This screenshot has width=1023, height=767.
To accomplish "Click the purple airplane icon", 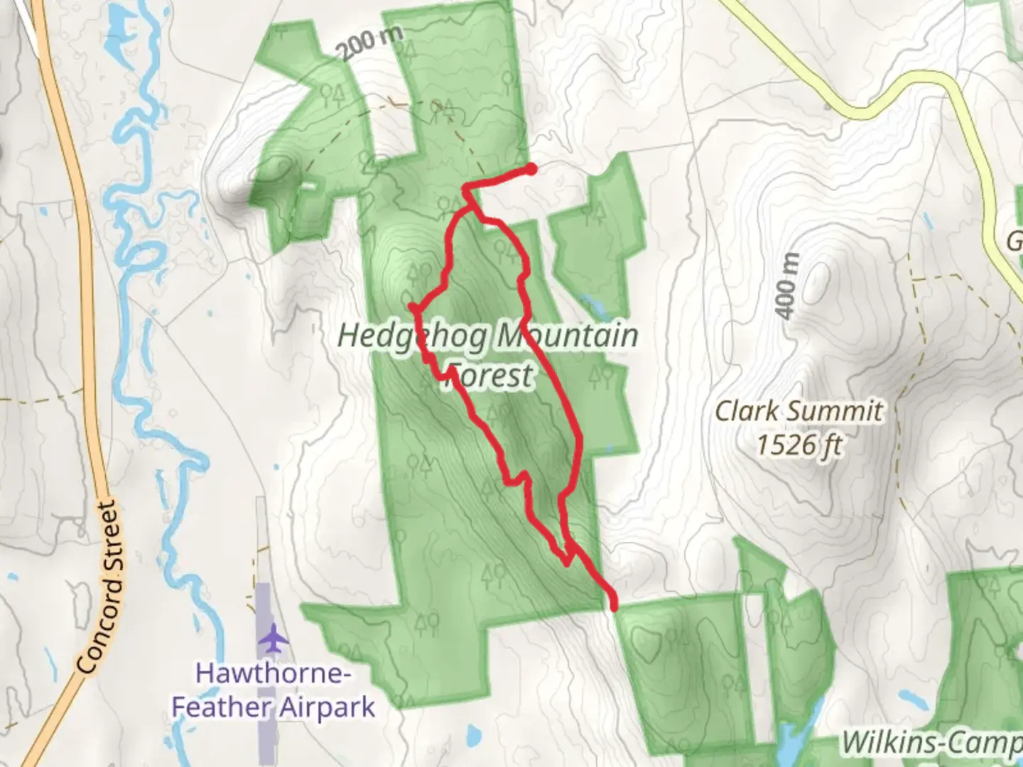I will click(x=273, y=638).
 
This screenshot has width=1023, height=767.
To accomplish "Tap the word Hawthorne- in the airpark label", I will click(x=273, y=673).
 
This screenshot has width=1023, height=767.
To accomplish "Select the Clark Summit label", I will click(x=799, y=410).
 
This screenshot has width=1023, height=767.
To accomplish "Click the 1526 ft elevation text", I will click(x=799, y=446).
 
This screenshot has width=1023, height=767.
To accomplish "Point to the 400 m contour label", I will click(x=787, y=286).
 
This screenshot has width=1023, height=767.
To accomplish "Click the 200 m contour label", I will click(x=369, y=44).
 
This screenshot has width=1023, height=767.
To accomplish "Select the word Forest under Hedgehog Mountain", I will click(x=490, y=375).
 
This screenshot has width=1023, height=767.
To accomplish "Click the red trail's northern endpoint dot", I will click(x=531, y=169).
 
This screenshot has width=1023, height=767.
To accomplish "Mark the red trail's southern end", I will click(x=613, y=606).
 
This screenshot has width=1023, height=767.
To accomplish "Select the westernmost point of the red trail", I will click(x=411, y=307).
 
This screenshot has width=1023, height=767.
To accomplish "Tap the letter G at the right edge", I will click(x=1014, y=242).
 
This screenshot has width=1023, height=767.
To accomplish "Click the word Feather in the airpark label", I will click(x=222, y=707).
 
